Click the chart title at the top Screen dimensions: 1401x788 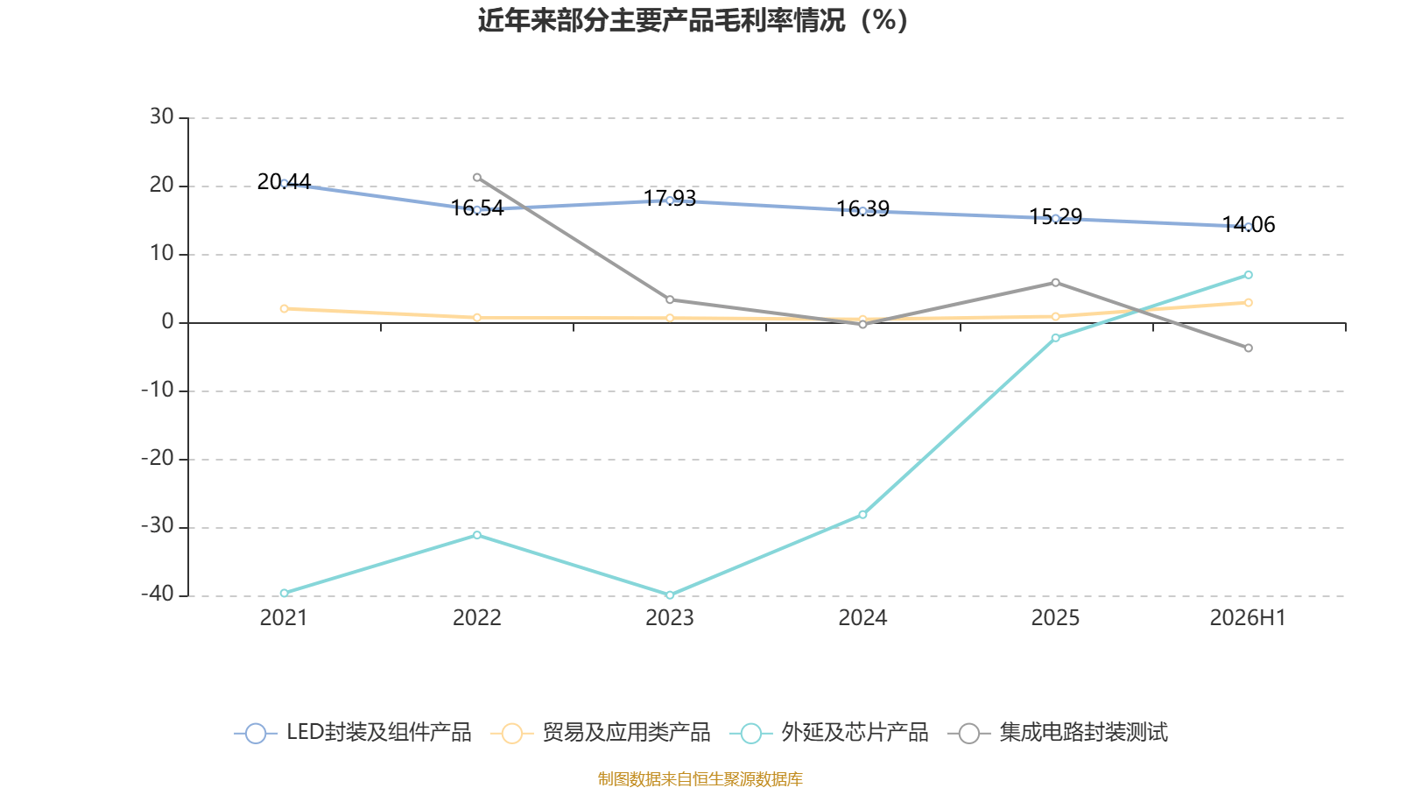tap(693, 21)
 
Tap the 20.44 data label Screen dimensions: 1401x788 tap(284, 181)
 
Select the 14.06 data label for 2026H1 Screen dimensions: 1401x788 tap(1249, 224)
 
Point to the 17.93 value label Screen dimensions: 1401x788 tap(670, 198)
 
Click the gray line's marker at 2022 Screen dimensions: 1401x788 tap(477, 178)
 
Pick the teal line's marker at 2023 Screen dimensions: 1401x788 tap(670, 595)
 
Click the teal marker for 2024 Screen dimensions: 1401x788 tap(863, 515)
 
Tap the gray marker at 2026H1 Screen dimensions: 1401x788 tap(1249, 348)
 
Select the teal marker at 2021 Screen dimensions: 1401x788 tap(285, 593)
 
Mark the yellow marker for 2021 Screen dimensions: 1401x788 tap(285, 309)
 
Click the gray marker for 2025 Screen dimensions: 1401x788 tap(1056, 283)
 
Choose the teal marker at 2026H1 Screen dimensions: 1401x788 tap(1249, 275)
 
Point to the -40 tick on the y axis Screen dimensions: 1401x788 tap(158, 595)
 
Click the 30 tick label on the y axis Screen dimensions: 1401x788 tap(161, 116)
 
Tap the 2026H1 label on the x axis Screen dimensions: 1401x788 tap(1248, 618)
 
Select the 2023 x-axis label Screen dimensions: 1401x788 tap(670, 618)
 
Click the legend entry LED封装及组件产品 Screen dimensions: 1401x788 tap(353, 732)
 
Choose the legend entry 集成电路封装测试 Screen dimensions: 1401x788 tap(1058, 732)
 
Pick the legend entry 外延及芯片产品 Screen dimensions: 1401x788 tap(828, 732)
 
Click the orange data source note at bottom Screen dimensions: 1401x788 tap(700, 778)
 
